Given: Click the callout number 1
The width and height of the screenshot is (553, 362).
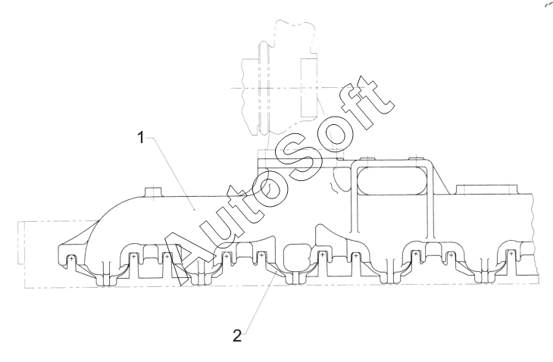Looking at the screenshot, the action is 141,139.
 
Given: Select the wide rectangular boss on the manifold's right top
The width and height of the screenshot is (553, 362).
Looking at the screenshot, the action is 487,188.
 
